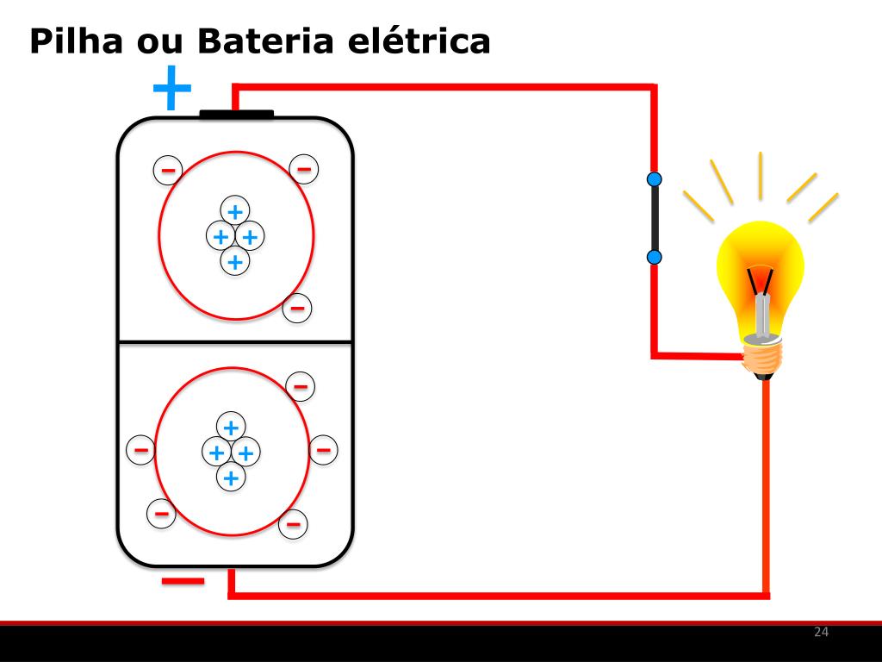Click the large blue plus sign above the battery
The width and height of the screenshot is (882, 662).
pyautogui.click(x=171, y=88)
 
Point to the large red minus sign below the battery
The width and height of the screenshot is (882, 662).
pyautogui.click(x=183, y=581)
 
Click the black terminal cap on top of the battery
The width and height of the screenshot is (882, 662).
pyautogui.click(x=236, y=114)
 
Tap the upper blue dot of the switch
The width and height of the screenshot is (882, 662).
pyautogui.click(x=655, y=179)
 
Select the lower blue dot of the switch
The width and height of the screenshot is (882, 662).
pyautogui.click(x=655, y=257)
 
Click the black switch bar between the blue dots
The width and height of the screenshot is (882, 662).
pyautogui.click(x=655, y=218)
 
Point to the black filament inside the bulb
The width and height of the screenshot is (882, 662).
pyautogui.click(x=761, y=280)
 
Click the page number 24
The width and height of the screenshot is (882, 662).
pyautogui.click(x=821, y=633)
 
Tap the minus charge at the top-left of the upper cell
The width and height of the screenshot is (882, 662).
pyautogui.click(x=167, y=170)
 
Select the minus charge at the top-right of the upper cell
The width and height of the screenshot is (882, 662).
pyautogui.click(x=304, y=168)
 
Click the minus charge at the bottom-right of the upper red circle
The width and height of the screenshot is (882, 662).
pyautogui.click(x=297, y=307)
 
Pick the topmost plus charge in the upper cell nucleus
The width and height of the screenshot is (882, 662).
pyautogui.click(x=234, y=210)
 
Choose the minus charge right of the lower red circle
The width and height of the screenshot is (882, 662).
pyautogui.click(x=323, y=449)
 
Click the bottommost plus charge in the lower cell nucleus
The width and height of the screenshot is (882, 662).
pyautogui.click(x=230, y=477)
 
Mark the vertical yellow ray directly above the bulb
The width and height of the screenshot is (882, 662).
pyautogui.click(x=761, y=175)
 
